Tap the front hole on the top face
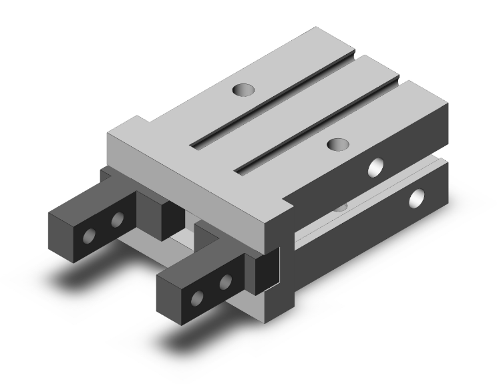point(337,143)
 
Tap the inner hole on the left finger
point(118,220)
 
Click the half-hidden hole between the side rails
point(341,207)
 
